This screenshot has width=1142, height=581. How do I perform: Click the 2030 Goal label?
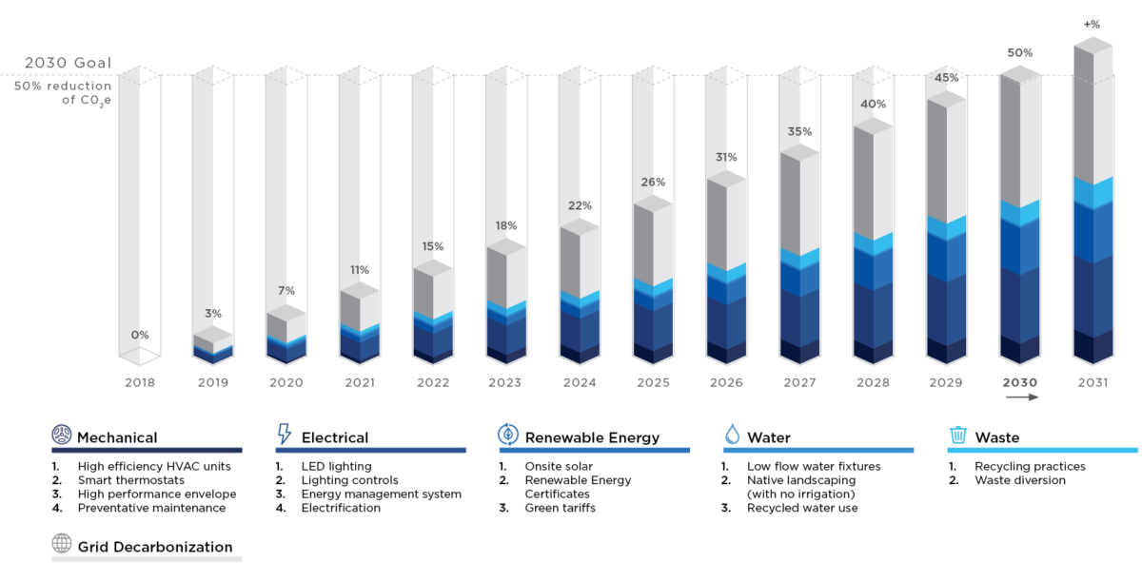[68, 64]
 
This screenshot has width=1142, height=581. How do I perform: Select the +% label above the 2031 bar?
[1092, 24]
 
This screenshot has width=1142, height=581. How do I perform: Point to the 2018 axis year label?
[139, 382]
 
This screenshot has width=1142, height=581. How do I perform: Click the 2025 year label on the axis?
[652, 382]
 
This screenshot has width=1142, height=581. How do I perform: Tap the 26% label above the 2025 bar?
[653, 182]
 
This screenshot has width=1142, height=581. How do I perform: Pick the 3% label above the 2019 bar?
[212, 313]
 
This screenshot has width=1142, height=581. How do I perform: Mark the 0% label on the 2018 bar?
[140, 335]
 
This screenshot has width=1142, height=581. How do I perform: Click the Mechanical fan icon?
[62, 436]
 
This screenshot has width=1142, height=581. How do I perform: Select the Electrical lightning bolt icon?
[284, 436]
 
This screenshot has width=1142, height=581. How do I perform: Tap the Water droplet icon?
[732, 436]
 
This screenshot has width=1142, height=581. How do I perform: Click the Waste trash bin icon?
[957, 436]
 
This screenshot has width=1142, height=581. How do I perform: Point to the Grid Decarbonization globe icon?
[62, 544]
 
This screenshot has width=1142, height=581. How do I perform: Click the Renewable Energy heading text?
[592, 438]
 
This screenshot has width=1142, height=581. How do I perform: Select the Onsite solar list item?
[559, 467]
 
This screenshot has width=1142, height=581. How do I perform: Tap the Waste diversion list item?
[1020, 480]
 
